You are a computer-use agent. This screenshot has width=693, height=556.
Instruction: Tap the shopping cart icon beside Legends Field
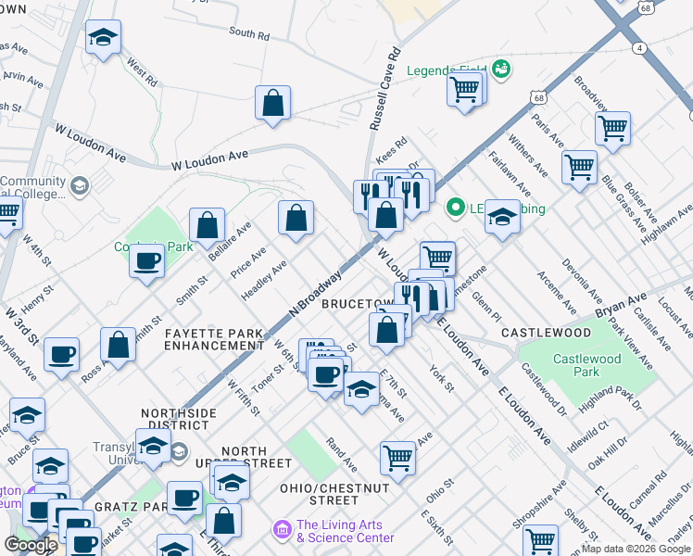tap(464, 89)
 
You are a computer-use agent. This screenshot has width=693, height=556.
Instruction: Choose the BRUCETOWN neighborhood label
tap(357, 304)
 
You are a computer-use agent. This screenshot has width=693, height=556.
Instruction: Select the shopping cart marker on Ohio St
tap(397, 458)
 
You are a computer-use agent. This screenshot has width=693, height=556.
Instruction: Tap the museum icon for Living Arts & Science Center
tap(282, 529)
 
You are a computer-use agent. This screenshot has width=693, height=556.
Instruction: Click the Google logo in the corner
tap(31, 545)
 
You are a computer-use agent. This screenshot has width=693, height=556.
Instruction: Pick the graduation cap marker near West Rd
tap(103, 38)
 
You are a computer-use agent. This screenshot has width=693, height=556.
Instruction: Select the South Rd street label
tap(248, 34)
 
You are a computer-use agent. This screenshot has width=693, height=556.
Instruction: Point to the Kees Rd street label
tap(391, 147)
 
